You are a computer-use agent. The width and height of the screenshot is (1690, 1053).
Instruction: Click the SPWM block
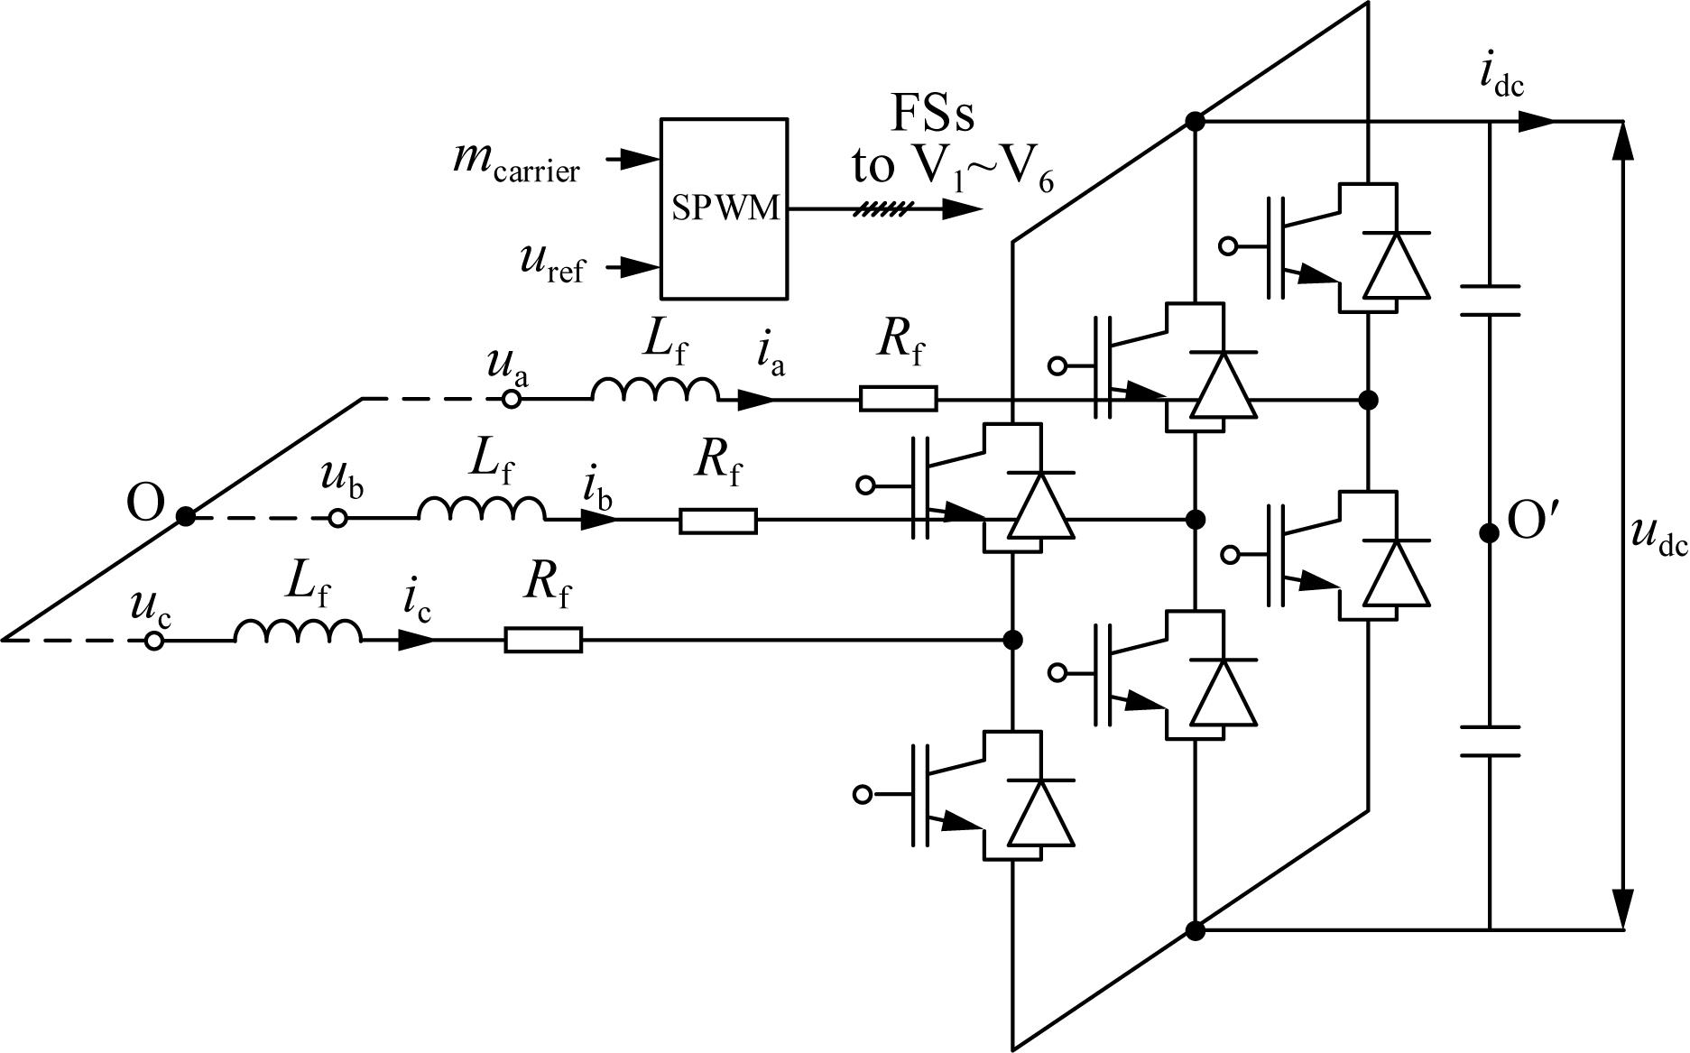724,208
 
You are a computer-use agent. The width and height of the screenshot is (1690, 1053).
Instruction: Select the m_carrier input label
516,163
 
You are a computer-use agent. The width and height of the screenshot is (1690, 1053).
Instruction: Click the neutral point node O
185,517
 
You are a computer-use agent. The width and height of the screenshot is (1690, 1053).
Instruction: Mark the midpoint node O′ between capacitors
1490,533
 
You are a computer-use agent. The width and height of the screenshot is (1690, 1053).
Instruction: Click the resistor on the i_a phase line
898,399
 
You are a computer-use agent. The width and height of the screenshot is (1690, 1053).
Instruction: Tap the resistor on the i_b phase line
718,521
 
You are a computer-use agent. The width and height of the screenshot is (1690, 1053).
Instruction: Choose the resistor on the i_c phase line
543,640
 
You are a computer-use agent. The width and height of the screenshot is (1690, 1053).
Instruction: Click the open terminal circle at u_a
512,399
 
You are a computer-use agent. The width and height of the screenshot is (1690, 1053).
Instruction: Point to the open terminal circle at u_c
154,641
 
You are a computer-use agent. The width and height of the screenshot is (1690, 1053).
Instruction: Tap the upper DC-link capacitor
1490,300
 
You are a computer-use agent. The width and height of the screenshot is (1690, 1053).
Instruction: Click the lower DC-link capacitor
1490,741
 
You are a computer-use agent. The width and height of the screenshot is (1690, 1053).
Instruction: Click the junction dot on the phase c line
1012,640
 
